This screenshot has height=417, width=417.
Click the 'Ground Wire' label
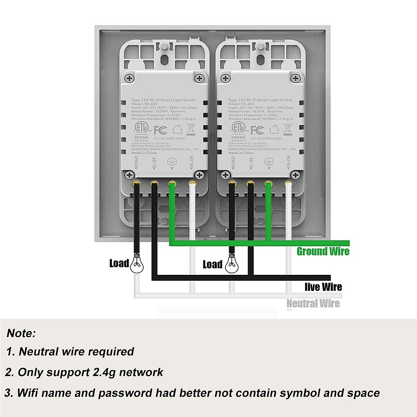point(323,251)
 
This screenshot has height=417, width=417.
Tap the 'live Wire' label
point(323,287)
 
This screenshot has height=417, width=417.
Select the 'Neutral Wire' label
point(313,303)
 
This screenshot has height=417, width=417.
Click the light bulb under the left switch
point(137,265)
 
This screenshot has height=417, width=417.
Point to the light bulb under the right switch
point(232,265)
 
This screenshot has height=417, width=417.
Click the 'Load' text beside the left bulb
point(119,263)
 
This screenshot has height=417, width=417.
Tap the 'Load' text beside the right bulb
point(212,264)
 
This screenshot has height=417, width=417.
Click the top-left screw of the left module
point(130,79)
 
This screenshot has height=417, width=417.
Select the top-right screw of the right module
point(296,79)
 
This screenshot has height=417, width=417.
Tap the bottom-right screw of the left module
point(199,174)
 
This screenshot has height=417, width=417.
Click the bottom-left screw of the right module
point(226,174)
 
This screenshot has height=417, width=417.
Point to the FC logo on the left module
point(161,130)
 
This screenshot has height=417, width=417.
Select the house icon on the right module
point(274,130)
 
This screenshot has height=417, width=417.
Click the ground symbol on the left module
point(171,161)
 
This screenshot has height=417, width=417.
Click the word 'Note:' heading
point(21,333)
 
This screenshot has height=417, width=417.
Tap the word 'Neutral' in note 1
point(38,352)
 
